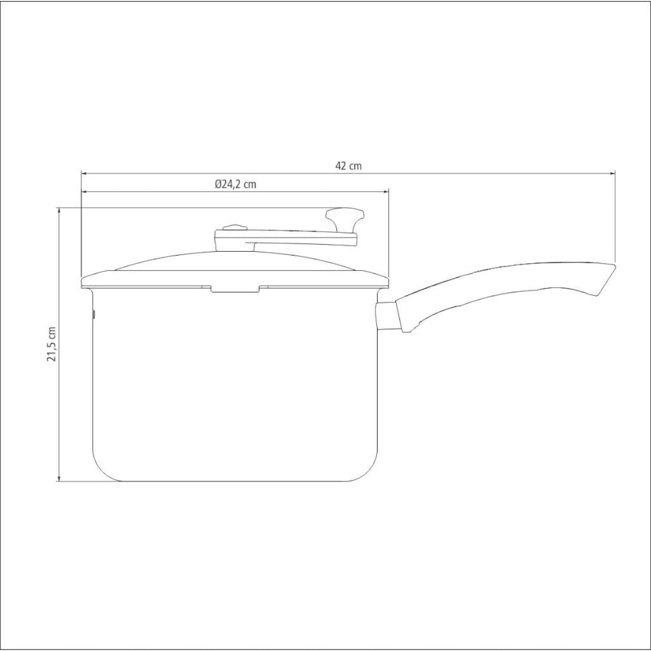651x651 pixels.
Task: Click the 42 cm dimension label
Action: point(348,166)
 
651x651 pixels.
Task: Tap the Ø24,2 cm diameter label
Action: point(235,184)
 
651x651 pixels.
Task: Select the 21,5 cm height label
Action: point(51,344)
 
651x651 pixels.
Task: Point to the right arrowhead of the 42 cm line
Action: point(612,173)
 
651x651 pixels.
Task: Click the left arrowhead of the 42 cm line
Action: point(84,173)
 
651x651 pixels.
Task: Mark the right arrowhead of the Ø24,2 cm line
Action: point(386,192)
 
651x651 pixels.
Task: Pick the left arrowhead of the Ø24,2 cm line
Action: point(85,192)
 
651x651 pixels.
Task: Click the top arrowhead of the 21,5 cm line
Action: point(59,210)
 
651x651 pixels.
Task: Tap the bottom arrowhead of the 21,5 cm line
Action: point(59,478)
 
